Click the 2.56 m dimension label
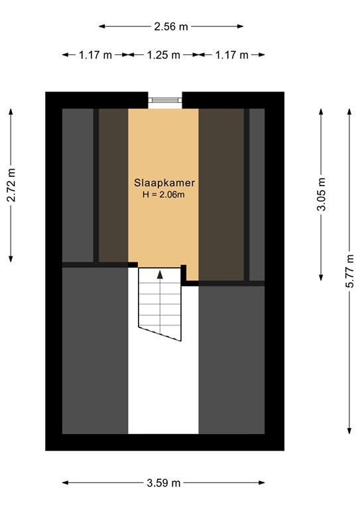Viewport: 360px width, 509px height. [x=170, y=27]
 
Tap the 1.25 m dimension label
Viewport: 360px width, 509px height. [x=162, y=55]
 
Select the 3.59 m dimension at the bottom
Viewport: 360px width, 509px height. [x=163, y=483]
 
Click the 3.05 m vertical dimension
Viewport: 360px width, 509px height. [x=322, y=196]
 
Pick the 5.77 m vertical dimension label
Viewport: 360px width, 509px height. [x=349, y=272]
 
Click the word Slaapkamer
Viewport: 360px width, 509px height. [x=164, y=182]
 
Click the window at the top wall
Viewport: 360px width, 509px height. [x=164, y=100]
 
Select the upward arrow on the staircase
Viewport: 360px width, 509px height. [x=159, y=274]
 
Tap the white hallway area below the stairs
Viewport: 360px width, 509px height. [x=163, y=391]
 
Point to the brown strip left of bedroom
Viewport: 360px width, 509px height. [x=113, y=186]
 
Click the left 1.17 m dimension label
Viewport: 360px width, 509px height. [x=95, y=55]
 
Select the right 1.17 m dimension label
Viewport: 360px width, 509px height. [x=231, y=55]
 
